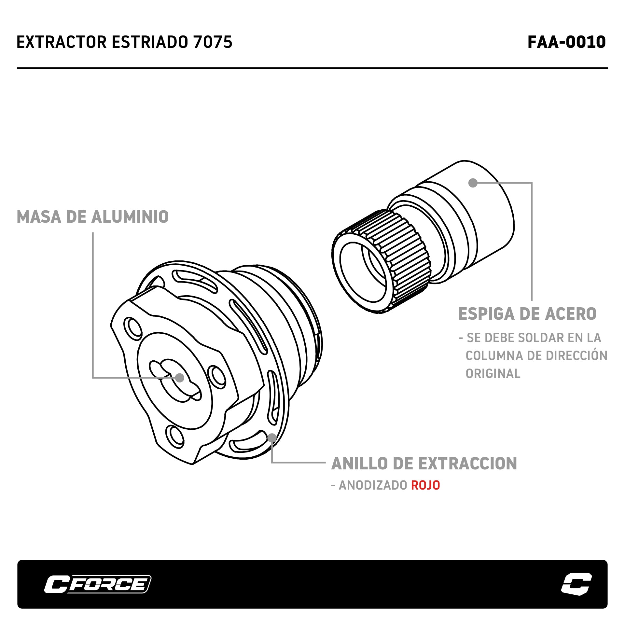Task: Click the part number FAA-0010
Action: [566, 42]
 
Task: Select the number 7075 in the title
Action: [213, 42]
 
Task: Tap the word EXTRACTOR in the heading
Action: [62, 42]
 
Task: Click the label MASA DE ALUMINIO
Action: [93, 217]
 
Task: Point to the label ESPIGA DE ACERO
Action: [527, 314]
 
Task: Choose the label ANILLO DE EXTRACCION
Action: [424, 464]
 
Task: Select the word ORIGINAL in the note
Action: [493, 373]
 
